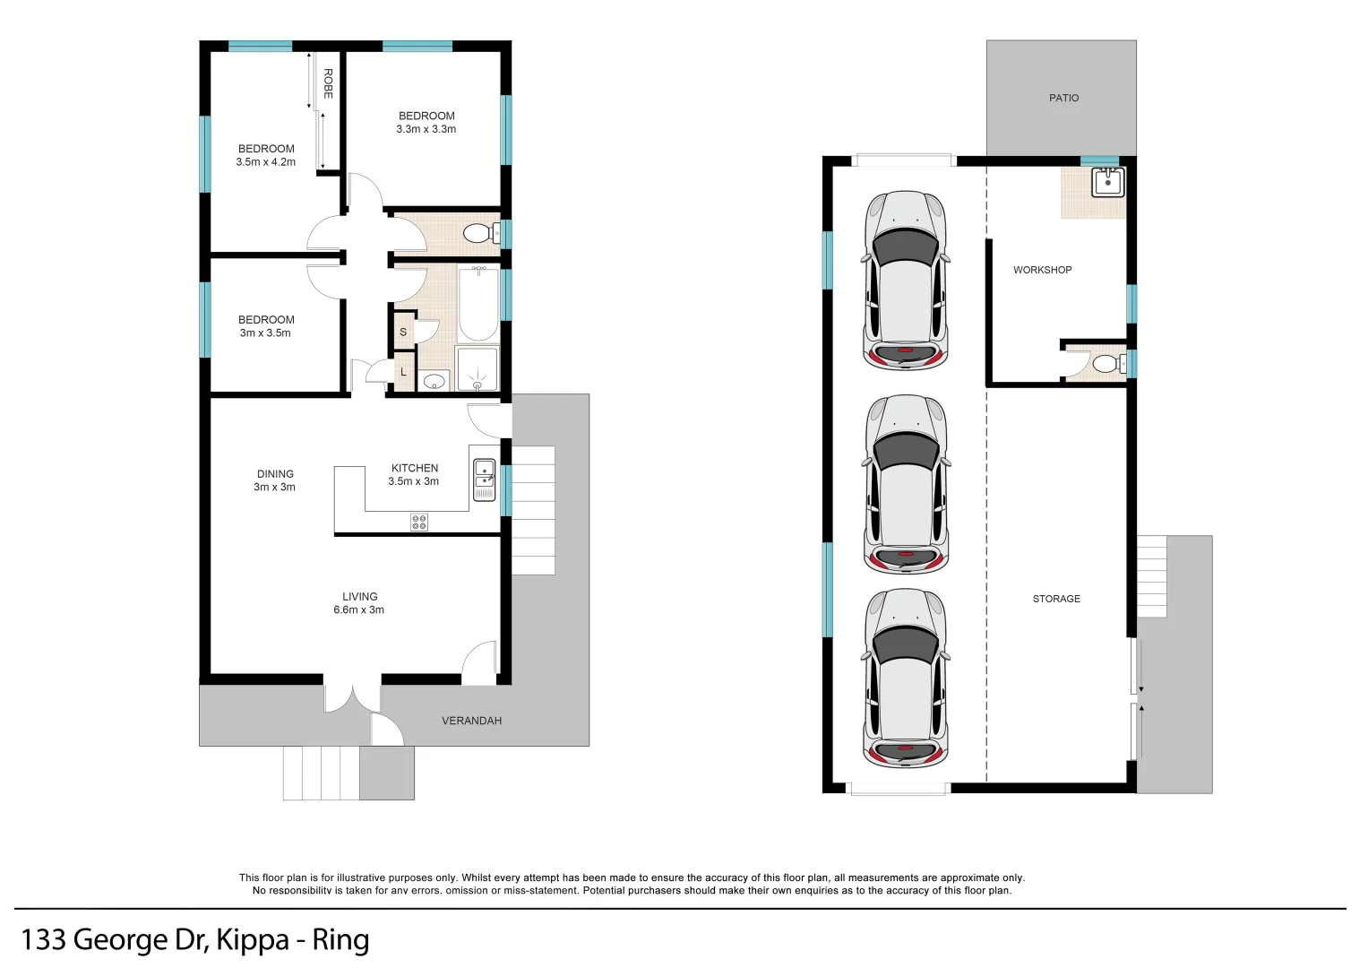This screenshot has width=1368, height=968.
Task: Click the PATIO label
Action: pyautogui.click(x=1063, y=98)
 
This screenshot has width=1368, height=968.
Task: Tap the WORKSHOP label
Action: pyautogui.click(x=1042, y=270)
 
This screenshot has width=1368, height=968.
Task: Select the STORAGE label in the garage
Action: pyautogui.click(x=1056, y=599)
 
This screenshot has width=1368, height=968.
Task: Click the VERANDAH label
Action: pyautogui.click(x=471, y=721)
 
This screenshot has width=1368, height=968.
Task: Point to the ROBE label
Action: pyautogui.click(x=328, y=83)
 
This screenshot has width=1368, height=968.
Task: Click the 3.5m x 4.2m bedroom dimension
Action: pyautogui.click(x=266, y=162)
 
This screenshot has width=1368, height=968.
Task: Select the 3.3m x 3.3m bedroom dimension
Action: pyautogui.click(x=426, y=129)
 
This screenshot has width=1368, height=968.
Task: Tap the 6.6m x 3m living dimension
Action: pyautogui.click(x=359, y=609)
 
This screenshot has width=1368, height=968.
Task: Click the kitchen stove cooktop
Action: pyautogui.click(x=419, y=522)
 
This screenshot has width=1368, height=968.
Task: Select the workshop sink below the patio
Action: pyautogui.click(x=1108, y=182)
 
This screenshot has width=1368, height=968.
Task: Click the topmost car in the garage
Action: pyautogui.click(x=906, y=280)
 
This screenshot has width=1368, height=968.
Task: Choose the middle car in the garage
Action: pyautogui.click(x=906, y=484)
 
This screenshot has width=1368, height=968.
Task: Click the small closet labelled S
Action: pyautogui.click(x=403, y=332)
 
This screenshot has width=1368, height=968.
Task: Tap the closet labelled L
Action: pyautogui.click(x=403, y=372)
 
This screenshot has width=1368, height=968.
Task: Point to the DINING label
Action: pyautogui.click(x=275, y=474)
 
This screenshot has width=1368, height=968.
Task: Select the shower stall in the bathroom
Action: pyautogui.click(x=477, y=369)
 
